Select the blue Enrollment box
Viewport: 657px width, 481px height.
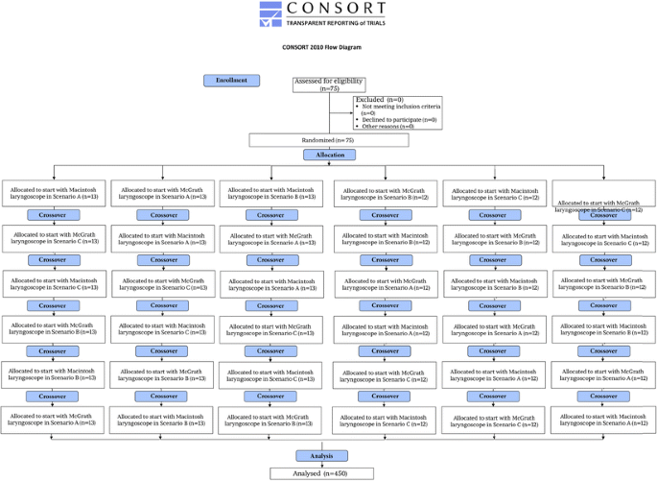[232, 80]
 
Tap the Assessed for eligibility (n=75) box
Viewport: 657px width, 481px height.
[330, 84]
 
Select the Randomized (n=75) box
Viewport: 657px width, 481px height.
[329, 140]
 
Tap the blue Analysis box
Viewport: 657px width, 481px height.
[321, 455]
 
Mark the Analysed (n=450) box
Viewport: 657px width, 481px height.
[321, 472]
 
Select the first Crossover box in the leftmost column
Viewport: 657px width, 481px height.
[54, 214]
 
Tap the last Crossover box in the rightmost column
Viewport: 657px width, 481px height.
[603, 396]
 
